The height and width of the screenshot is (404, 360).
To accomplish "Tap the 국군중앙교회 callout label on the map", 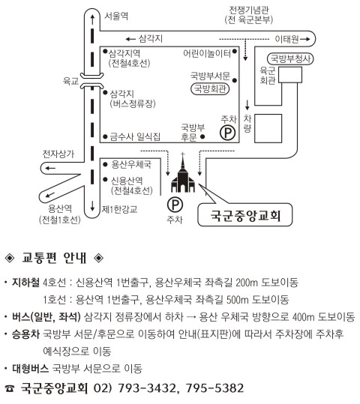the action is coord(245,215).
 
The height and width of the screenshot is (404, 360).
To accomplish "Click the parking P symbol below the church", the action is coord(175,205).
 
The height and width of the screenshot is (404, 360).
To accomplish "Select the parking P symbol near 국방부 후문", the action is coord(228,133).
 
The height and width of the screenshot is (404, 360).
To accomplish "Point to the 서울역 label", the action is coord(116,16).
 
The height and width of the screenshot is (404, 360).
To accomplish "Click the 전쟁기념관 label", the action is coord(249,10).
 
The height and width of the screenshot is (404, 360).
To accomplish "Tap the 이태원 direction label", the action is coord(286,39).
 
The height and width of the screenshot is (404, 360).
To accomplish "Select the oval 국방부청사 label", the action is coord(290,58).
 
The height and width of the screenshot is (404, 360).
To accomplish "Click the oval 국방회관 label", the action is coord(210,89).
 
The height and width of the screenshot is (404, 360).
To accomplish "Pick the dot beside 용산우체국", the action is coord(105,164).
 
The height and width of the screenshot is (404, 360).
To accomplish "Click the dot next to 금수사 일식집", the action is coord(105,136).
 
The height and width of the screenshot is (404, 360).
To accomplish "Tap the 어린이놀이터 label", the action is coord(207,53).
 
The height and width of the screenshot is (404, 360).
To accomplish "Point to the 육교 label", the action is coord(70,81).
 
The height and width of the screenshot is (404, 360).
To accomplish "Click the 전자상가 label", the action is coord(58,154).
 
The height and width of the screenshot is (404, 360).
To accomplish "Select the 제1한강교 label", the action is coord(120,209).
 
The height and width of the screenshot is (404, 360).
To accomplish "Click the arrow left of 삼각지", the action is coord(130,39).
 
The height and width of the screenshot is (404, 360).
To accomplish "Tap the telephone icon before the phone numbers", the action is coord(10,388).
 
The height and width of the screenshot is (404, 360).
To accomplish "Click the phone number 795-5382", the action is coord(214,388).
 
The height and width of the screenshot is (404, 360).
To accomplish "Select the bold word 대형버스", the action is coord(31,369).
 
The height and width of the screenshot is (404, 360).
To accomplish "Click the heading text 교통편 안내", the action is coord(54,258).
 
